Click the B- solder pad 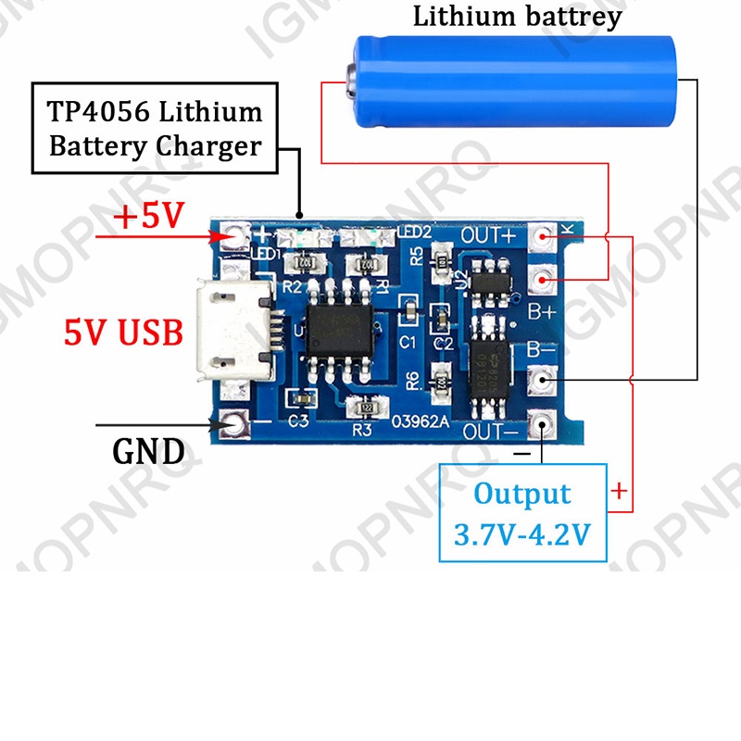[x=544, y=379]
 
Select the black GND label [x=148, y=452]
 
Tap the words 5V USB [x=123, y=332]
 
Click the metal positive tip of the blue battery [x=350, y=82]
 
